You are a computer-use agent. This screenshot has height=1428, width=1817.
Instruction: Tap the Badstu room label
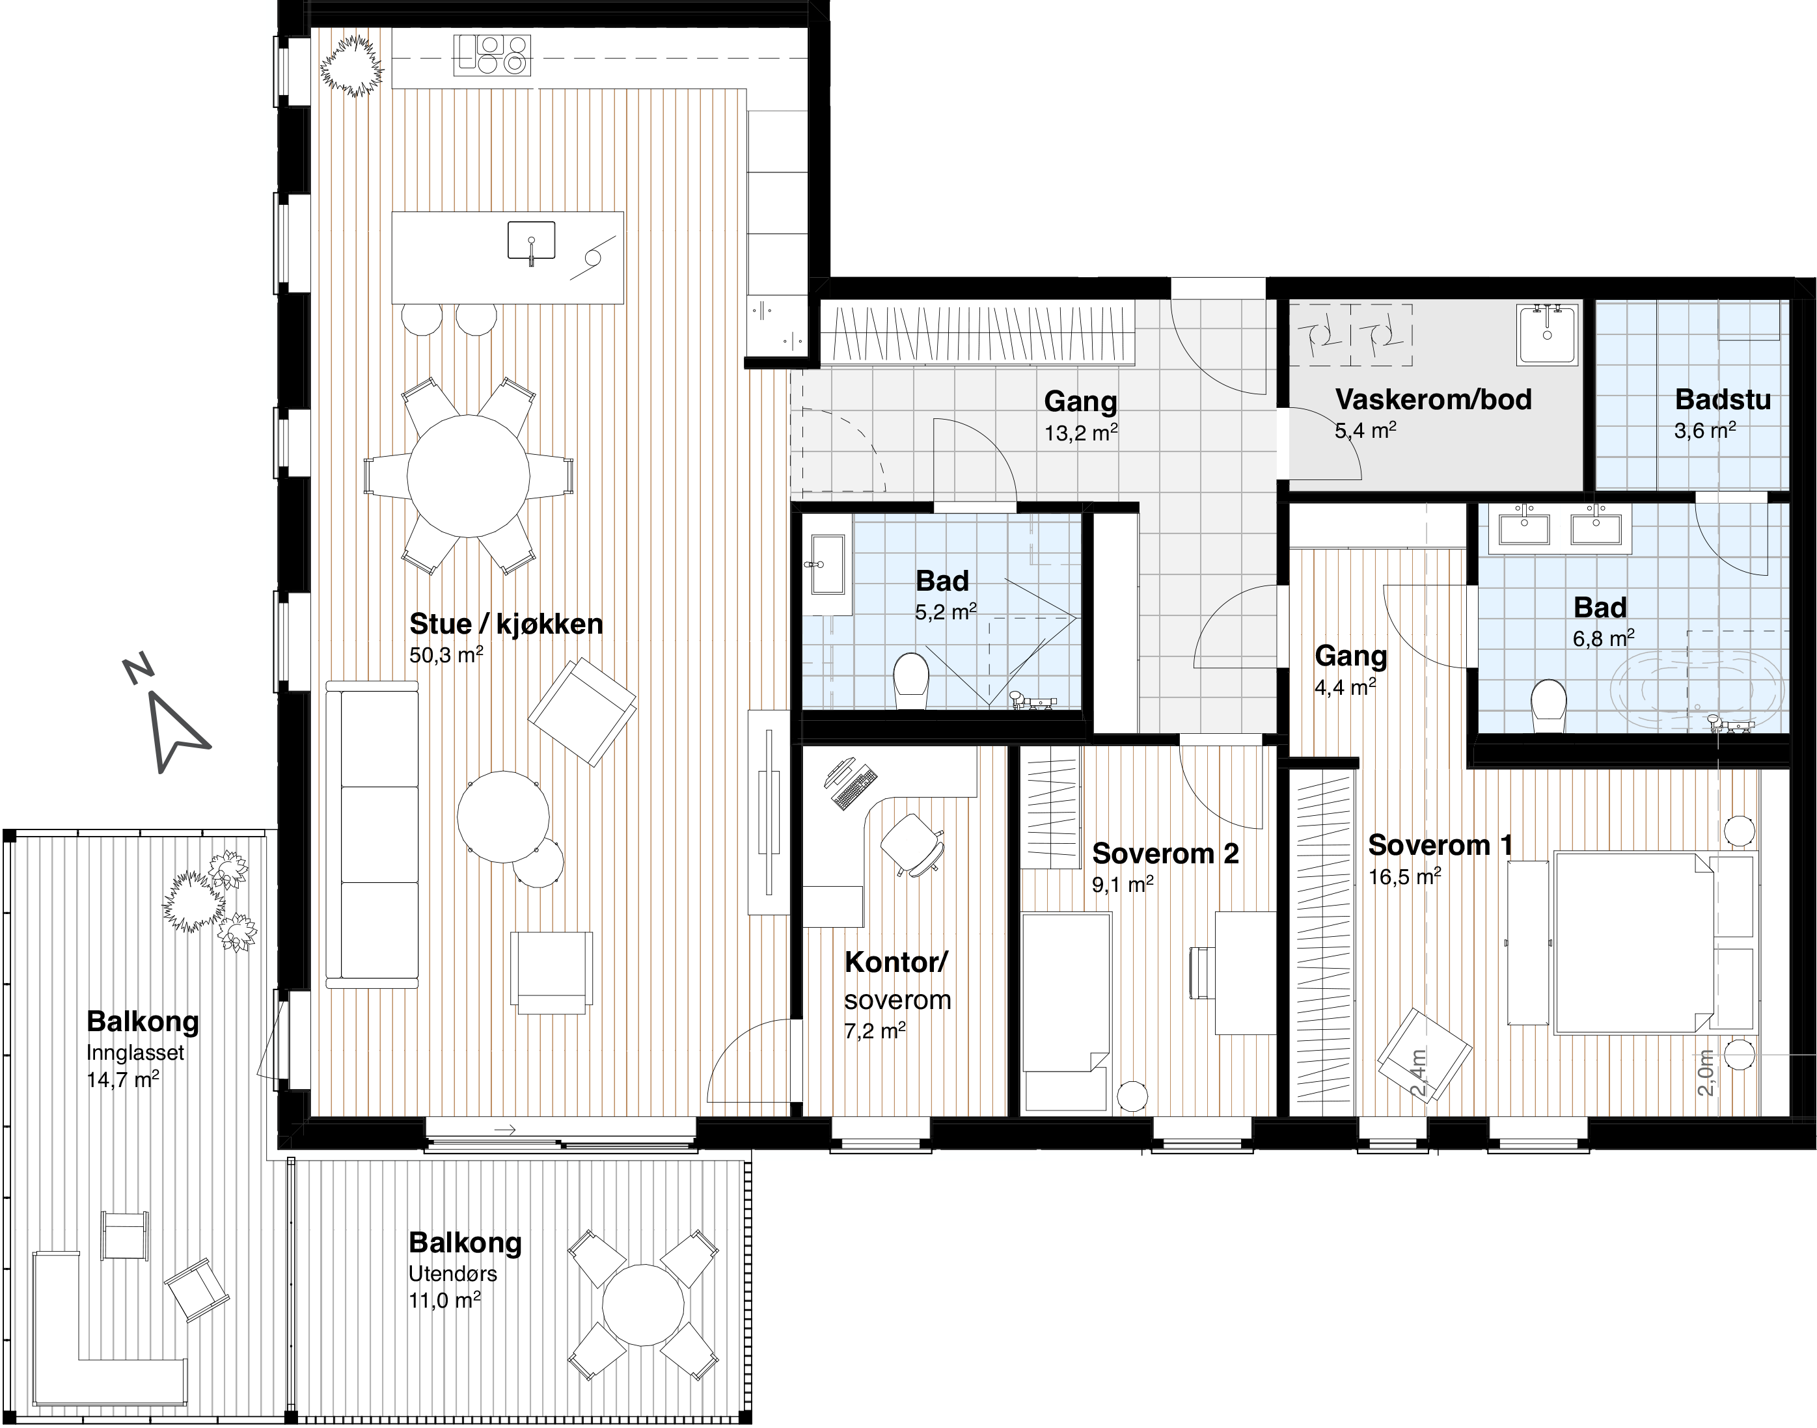[x=1723, y=399]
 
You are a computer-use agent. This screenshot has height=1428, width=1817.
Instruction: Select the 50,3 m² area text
[x=446, y=654]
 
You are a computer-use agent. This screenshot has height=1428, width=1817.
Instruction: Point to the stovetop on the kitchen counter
[x=493, y=55]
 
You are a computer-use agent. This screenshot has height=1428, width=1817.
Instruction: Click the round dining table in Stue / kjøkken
[x=469, y=477]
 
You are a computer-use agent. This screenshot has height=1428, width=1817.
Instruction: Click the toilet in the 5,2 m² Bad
[x=911, y=681]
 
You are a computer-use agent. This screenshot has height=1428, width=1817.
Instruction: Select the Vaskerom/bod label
[x=1433, y=399]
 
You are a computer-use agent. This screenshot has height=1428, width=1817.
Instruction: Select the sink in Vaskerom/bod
[x=1547, y=334]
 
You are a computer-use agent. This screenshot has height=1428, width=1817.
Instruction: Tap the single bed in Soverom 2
[x=1067, y=1012]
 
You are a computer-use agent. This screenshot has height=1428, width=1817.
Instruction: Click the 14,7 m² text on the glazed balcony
[x=123, y=1079]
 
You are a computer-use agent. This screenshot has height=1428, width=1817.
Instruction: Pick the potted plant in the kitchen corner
[x=352, y=67]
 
